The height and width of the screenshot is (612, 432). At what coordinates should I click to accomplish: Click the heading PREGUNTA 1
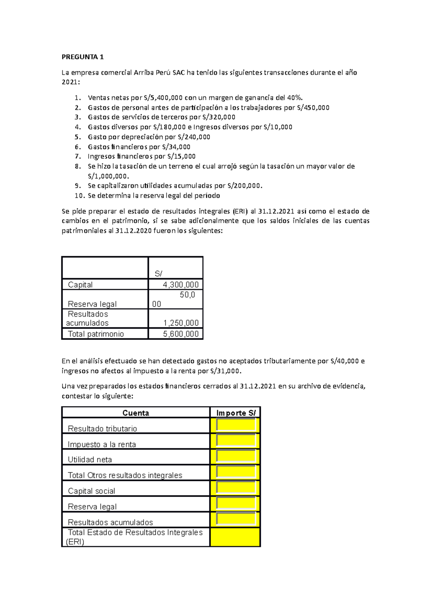[82, 57]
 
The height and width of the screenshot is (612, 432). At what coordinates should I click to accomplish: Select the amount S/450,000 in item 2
[313, 108]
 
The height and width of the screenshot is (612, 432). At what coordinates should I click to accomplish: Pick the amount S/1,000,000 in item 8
[108, 176]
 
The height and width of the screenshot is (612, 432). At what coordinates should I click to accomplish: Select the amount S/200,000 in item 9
[243, 186]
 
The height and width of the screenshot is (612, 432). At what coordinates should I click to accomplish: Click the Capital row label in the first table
[80, 285]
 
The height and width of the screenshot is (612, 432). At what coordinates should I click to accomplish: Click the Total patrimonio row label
[96, 334]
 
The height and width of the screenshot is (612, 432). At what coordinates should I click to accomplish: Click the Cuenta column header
[136, 413]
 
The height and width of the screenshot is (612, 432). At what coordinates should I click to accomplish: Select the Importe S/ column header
[236, 413]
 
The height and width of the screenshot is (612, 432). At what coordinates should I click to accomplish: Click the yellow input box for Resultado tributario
[236, 425]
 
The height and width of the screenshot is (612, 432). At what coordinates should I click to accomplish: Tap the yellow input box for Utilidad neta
[236, 456]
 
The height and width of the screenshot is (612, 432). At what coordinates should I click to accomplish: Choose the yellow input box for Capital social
[236, 488]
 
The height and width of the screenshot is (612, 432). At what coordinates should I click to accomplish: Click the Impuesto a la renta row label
[102, 444]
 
